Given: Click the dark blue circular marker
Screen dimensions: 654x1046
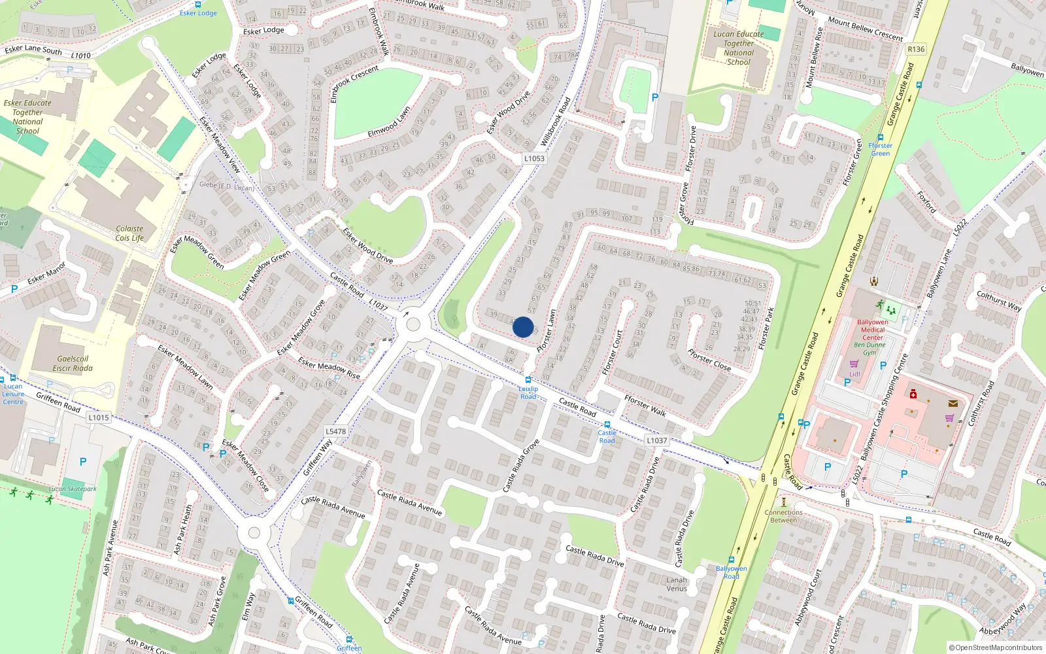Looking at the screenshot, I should [x=523, y=327].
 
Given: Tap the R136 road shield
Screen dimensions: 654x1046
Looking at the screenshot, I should [x=916, y=49].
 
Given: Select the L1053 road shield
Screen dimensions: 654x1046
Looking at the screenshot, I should [x=534, y=158].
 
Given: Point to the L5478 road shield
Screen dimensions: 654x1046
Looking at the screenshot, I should [x=335, y=431].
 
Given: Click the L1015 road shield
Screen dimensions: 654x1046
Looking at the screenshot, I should [x=99, y=417].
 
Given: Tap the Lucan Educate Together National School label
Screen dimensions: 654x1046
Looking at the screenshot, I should [x=739, y=48].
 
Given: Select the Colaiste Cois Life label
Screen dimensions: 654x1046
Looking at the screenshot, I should [x=129, y=233].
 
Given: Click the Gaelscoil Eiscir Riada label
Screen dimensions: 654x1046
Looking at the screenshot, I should [x=73, y=364].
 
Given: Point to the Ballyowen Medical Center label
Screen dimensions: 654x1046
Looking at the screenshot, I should [x=873, y=330].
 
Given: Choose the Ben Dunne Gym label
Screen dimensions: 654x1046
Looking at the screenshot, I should [x=869, y=349].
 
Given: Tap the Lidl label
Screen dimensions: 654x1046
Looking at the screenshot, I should [x=854, y=374].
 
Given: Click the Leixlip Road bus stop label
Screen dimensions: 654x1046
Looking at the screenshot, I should [x=528, y=392].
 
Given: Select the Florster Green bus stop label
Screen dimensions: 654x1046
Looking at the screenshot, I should [x=881, y=149].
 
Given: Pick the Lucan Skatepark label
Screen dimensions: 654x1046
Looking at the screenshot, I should [x=73, y=489].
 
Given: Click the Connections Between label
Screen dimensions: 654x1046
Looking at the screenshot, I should [x=783, y=516].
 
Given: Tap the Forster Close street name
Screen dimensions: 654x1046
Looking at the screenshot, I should [x=709, y=360].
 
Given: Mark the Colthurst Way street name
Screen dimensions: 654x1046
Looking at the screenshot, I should [x=998, y=301].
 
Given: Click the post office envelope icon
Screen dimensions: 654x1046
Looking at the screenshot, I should [x=953, y=404].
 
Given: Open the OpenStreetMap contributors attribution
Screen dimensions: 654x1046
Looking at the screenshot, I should [x=996, y=647].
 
